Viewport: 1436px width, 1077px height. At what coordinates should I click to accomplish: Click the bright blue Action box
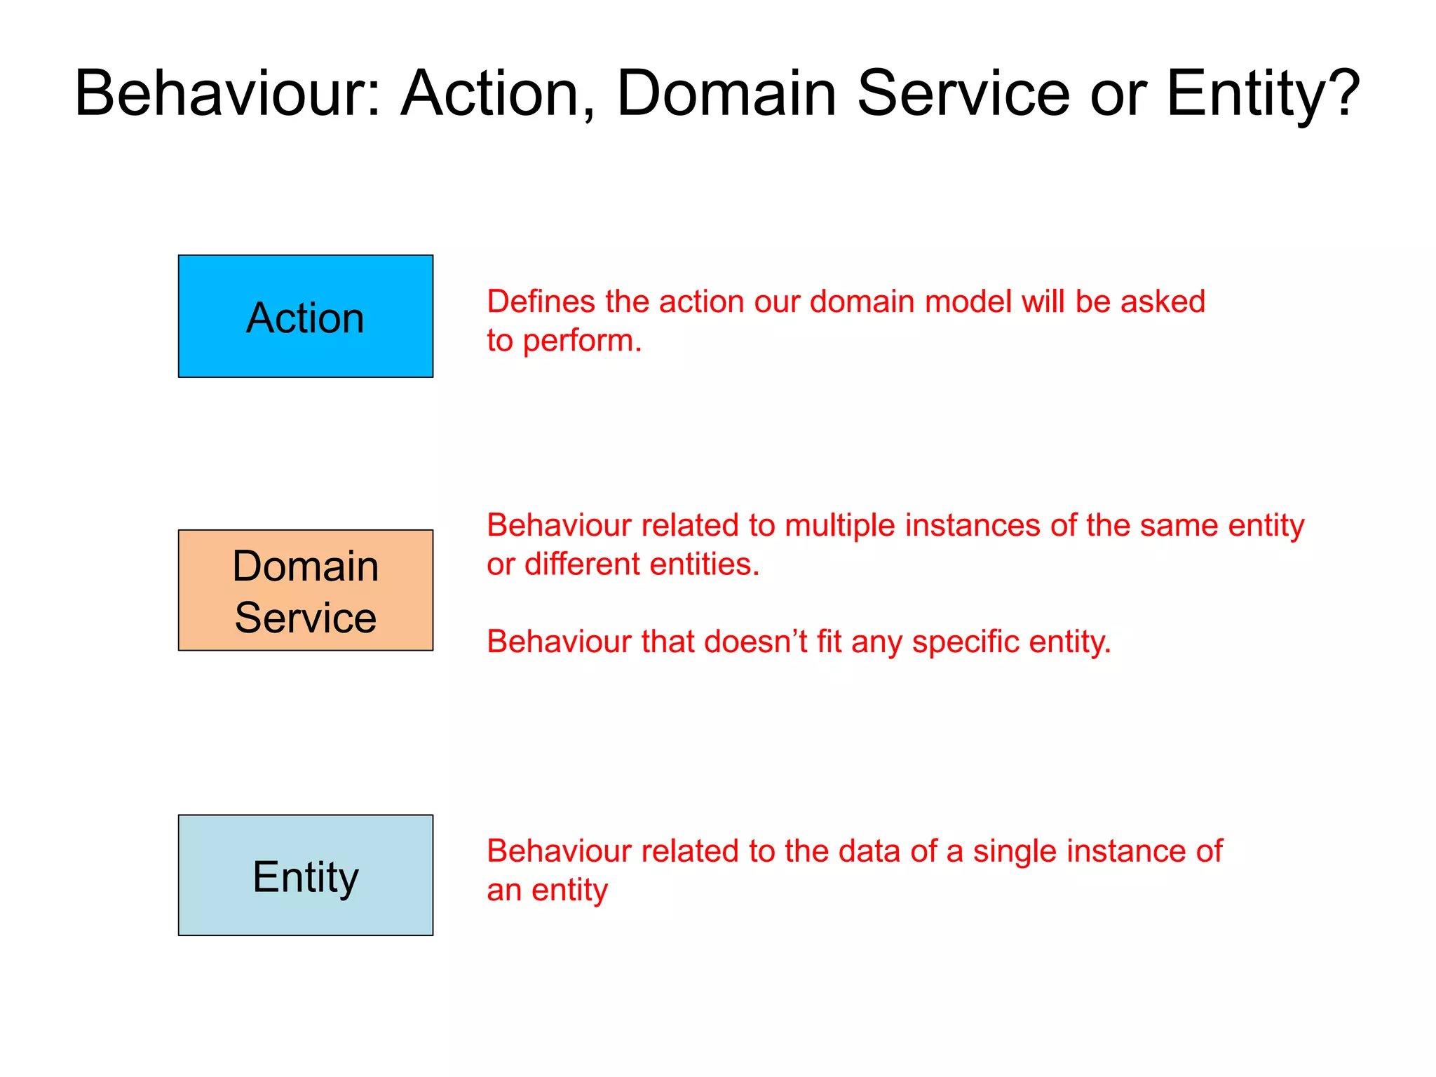point(306,316)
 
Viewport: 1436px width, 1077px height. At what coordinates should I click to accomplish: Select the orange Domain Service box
point(306,590)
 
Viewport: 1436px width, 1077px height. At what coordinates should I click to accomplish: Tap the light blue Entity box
point(306,875)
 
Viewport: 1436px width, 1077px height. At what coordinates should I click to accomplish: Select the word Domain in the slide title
point(726,93)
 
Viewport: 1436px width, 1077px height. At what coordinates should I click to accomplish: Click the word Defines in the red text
point(541,302)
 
